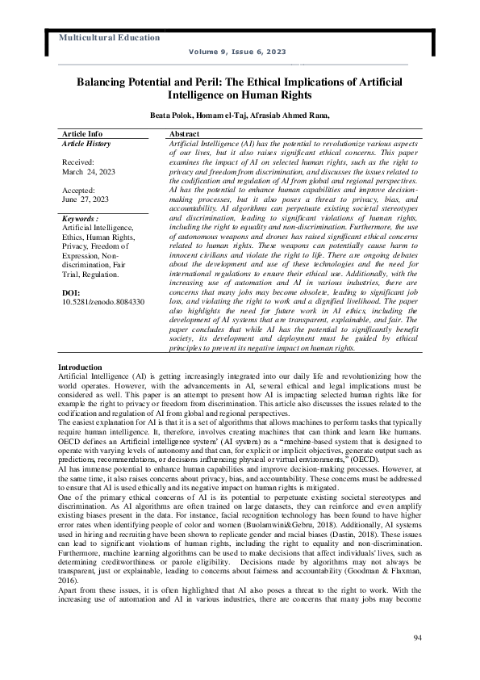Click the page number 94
[x=416, y=639]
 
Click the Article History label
[x=86, y=143]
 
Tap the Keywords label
[x=80, y=219]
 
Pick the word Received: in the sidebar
[x=80, y=162]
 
